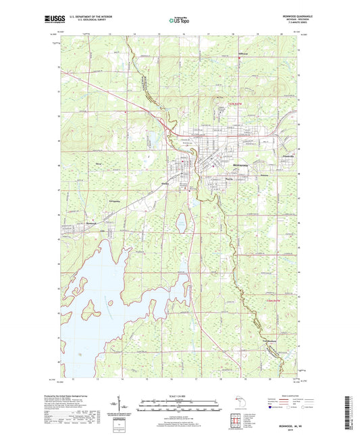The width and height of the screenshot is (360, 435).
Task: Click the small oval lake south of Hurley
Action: point(181,221)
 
